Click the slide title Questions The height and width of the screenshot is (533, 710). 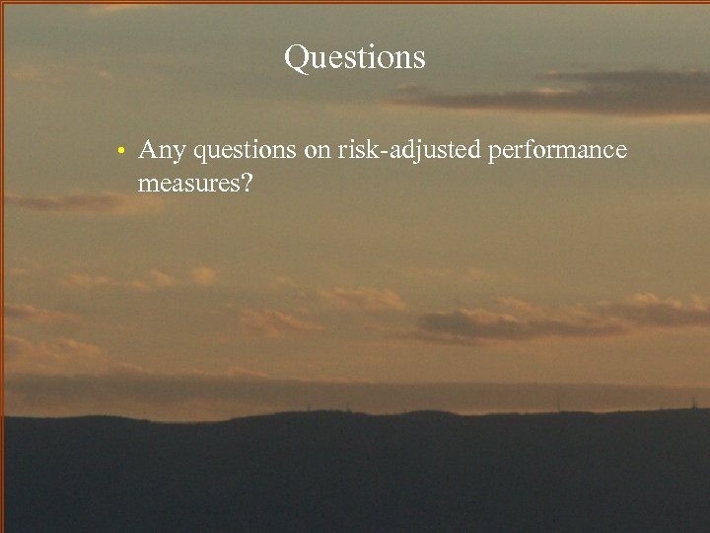tap(355, 57)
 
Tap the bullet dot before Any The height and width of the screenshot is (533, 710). tap(117, 152)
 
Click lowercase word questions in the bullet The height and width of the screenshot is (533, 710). tap(246, 151)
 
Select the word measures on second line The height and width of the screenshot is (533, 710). tap(189, 183)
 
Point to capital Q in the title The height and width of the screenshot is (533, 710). tap(296, 57)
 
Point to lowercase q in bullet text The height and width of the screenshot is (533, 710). tap(201, 154)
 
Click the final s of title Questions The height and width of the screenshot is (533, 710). tap(419, 59)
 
